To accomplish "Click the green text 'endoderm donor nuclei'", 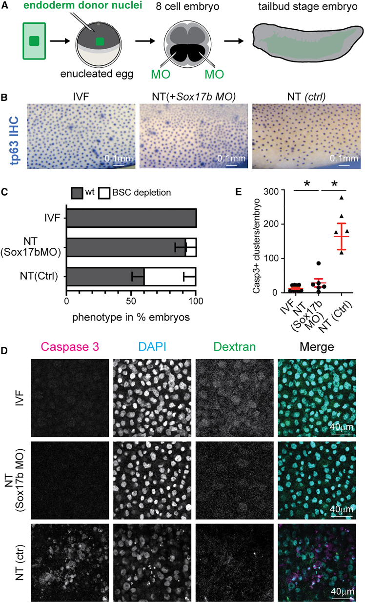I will (63, 7).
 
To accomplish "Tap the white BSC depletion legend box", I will (104, 192).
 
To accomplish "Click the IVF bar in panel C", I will (131, 218).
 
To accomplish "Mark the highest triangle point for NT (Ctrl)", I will (341, 198).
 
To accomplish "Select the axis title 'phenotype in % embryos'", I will (131, 317).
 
